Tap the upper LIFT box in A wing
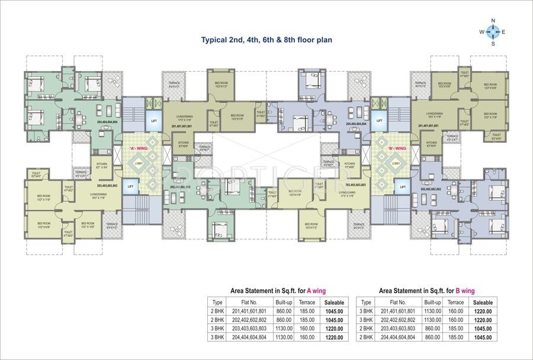pos(154,121)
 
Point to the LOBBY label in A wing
pos(139,163)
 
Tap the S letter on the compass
pos(493,43)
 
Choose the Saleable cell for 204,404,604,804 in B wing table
pos(483,336)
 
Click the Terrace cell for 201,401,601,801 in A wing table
pos(307,310)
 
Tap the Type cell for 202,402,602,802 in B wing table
pos(366,319)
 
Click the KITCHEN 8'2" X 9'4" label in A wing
pos(102,165)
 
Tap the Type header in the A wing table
pos(217,302)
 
